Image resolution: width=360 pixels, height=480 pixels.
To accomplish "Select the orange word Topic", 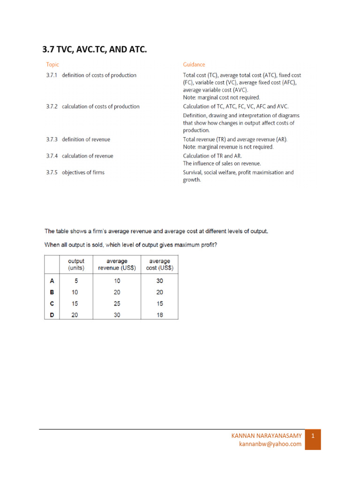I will [52, 65].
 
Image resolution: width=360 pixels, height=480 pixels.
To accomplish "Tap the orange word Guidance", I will [194, 65].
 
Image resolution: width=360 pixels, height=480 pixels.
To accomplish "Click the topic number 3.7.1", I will [52, 75].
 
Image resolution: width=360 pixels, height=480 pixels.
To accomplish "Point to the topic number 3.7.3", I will [52, 140].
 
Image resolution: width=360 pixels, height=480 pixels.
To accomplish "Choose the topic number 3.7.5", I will [52, 172].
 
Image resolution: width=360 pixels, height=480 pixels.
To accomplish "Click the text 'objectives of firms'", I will [83, 172].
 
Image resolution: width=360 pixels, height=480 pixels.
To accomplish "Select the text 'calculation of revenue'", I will [87, 156].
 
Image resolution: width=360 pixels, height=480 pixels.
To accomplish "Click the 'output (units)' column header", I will [76, 264].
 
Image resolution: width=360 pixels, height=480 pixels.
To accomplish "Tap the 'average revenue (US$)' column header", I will [117, 264].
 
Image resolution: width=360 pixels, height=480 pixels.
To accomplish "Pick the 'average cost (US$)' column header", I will [159, 264].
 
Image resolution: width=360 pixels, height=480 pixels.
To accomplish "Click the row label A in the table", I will [52, 281].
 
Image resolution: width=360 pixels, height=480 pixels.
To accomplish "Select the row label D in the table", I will [52, 315].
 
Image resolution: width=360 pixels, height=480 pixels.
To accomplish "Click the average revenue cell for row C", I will [117, 304].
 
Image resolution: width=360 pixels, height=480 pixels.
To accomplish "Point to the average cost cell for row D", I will [159, 315].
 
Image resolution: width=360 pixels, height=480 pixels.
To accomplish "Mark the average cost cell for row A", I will [159, 281].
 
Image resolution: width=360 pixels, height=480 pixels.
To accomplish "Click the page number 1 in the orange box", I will [313, 436].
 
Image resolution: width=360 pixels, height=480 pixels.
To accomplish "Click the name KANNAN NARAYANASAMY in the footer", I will [267, 436].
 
